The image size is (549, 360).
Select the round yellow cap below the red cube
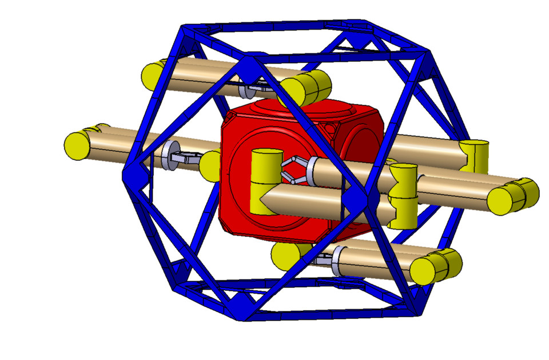(x=283, y=254)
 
